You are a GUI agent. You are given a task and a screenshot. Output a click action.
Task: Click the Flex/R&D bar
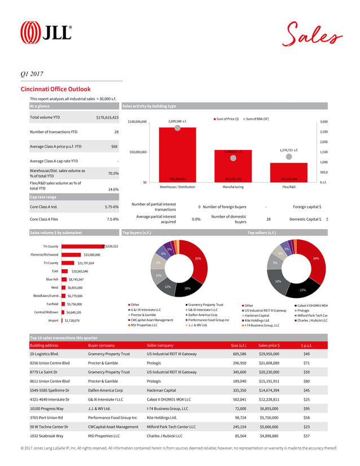[x=288, y=172]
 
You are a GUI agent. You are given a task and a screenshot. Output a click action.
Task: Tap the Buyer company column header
[x=102, y=345]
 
